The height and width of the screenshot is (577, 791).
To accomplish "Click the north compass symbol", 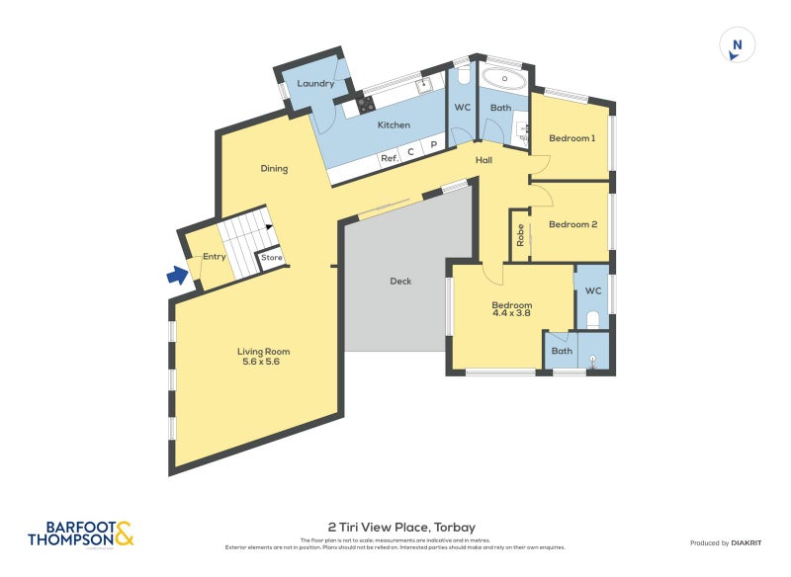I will point(737,45).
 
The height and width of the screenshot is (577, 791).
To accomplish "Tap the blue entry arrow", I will point(177,276).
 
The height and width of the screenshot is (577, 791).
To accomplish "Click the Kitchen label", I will point(394,125).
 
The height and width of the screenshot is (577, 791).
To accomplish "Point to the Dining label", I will point(274,169).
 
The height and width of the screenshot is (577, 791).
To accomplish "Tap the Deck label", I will point(400,282).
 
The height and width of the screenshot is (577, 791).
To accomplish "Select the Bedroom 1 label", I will point(571,138).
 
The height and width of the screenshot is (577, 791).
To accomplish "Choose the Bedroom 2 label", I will point(573,224).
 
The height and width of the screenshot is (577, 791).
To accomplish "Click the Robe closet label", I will point(520,236).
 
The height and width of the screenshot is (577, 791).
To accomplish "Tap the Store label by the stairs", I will point(272,258).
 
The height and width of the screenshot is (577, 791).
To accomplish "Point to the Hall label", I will point(483,160).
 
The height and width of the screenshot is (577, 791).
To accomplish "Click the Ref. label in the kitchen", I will point(389,158).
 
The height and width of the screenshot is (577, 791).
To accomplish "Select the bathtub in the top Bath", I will point(504,78).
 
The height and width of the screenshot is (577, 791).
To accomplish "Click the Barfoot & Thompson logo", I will point(81,535).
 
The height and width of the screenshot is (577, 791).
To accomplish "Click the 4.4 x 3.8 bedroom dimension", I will point(512,314).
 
